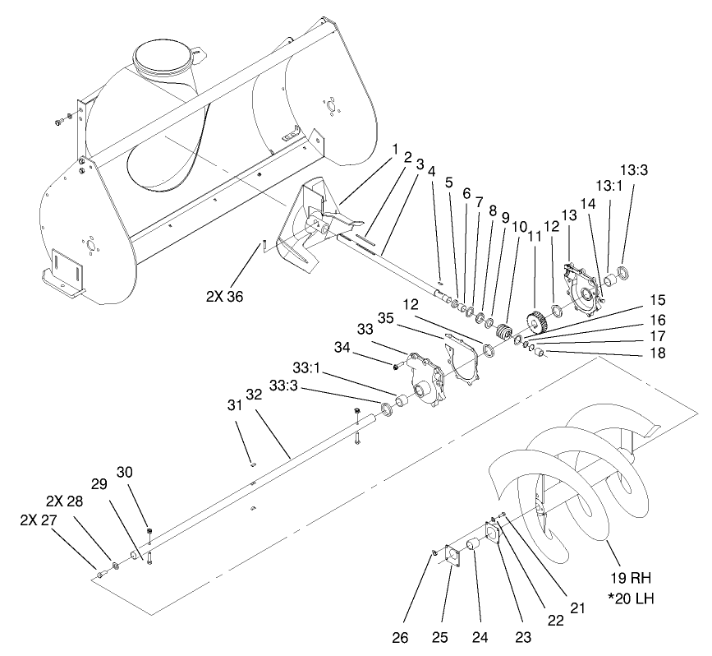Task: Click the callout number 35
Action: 387,318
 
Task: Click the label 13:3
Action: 634,170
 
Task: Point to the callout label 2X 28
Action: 62,501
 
